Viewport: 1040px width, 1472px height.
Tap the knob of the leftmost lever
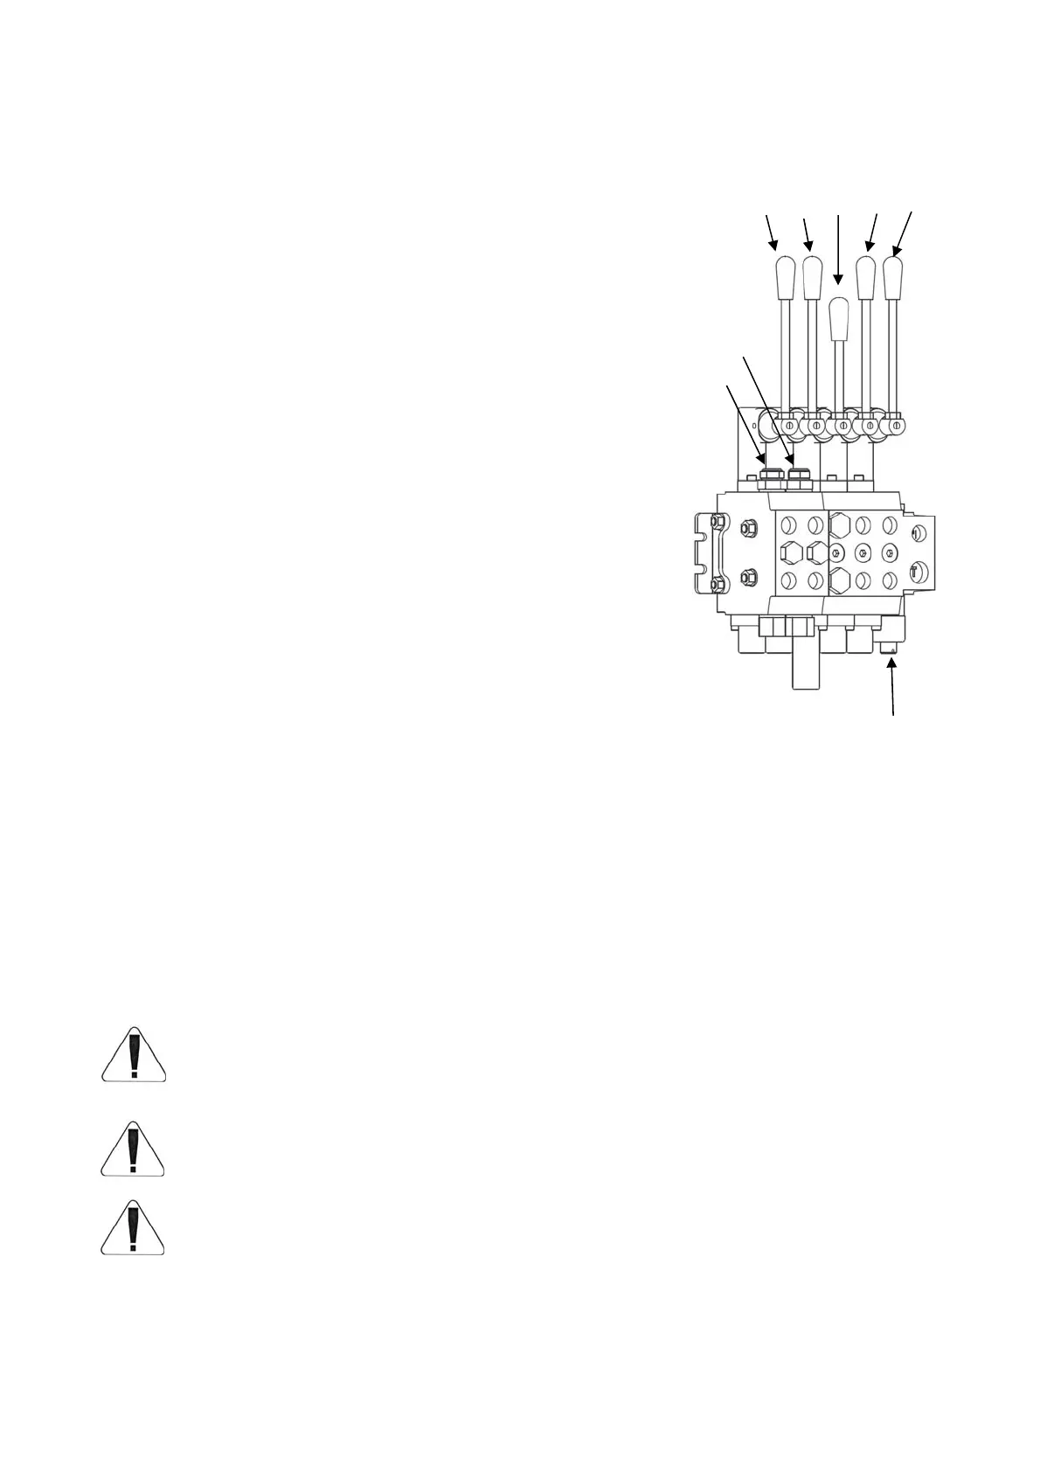pos(783,277)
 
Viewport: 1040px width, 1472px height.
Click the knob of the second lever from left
pos(812,277)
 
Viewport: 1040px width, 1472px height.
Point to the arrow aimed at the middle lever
pos(838,249)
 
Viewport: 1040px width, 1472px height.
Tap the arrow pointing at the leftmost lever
pos(770,231)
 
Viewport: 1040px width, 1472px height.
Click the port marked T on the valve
pos(914,572)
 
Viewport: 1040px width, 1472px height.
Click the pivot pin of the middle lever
pos(842,426)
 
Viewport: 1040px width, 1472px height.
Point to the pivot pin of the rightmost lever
pos(896,426)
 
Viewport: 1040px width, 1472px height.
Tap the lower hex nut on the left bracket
pos(748,577)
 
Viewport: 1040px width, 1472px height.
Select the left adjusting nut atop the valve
pos(771,475)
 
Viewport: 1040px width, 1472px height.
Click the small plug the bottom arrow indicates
pos(891,647)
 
